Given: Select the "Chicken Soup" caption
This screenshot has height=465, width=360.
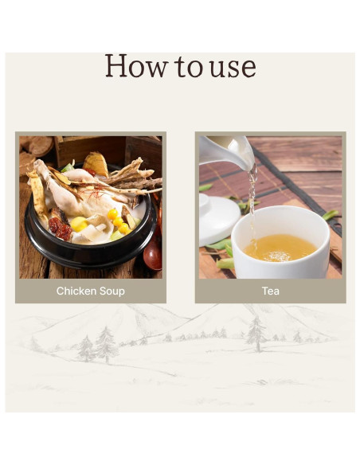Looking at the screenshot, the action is coord(91,291).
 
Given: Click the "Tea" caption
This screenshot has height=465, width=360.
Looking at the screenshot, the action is coord(271,291).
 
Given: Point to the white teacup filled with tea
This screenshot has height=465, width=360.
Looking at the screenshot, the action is coord(280,243).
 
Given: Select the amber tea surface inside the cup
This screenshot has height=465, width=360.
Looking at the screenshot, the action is coord(280,248).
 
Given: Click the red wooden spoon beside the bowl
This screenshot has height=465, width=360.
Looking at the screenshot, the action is coord(153,255).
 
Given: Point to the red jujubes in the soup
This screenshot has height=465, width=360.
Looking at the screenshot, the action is coord(61,229).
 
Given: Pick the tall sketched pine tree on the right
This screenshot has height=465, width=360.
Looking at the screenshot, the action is coord(256,334).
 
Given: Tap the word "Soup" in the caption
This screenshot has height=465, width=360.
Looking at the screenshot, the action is coord(112,291).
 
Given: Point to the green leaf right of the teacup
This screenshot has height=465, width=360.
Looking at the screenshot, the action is coord(331,215).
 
